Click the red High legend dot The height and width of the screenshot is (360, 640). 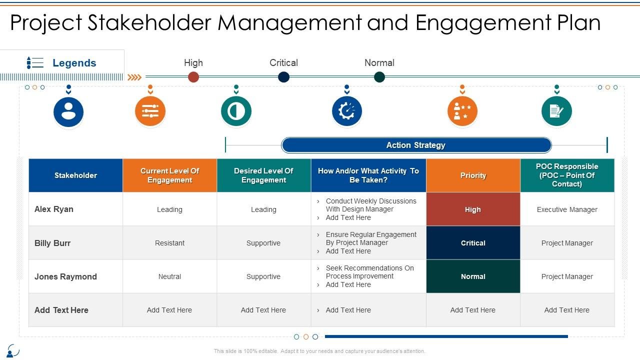(193, 77)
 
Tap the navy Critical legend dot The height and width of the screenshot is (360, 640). (283, 77)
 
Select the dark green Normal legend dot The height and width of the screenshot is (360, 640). (379, 77)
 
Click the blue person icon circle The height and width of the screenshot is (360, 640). (68, 111)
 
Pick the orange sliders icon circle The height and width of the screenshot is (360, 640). (150, 111)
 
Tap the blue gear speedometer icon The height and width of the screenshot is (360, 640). (347, 111)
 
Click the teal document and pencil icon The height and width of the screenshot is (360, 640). (556, 111)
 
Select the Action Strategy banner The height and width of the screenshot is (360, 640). (416, 145)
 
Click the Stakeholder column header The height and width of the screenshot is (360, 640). (75, 175)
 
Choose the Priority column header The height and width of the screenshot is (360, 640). (473, 175)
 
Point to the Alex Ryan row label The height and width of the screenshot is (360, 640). (54, 209)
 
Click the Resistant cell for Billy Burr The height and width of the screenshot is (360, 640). (169, 243)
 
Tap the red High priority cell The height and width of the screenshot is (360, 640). (473, 209)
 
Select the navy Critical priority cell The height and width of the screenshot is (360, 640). (473, 243)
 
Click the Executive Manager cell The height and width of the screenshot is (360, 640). (567, 209)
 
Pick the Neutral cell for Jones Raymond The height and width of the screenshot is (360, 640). (169, 276)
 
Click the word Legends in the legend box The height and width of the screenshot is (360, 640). (74, 63)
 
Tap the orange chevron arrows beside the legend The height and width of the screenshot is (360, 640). (134, 77)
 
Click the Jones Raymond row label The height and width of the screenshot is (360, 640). (65, 276)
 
